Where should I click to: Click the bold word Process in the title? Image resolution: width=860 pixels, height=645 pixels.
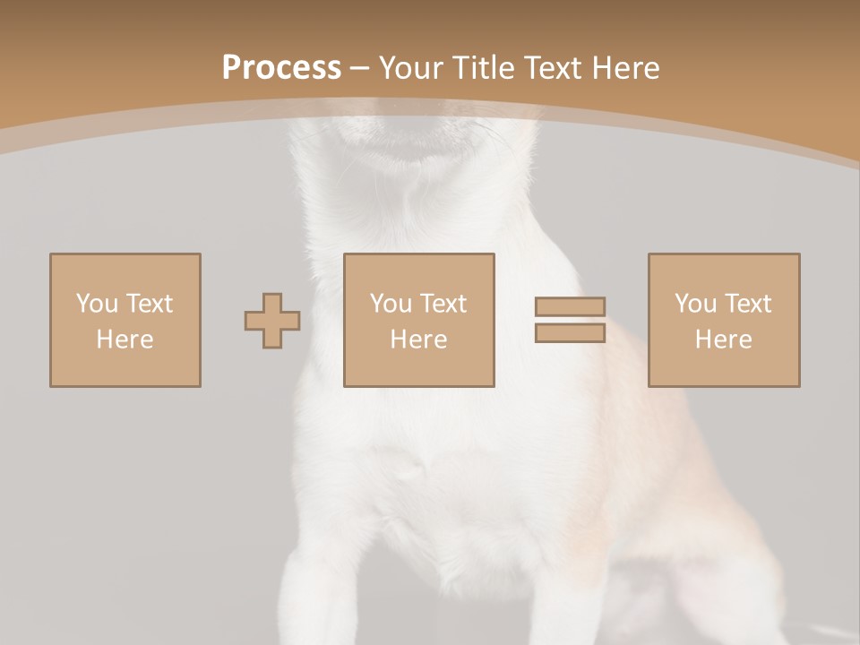click(281, 68)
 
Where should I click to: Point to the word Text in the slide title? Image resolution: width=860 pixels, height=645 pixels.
click(556, 68)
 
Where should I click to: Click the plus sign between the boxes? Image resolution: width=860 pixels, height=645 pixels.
click(272, 321)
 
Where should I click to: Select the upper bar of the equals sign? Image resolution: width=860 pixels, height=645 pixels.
click(570, 307)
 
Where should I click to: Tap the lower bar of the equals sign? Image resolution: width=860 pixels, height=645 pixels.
click(570, 332)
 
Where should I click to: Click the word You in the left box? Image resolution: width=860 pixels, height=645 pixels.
click(97, 304)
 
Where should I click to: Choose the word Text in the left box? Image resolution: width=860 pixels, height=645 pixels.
click(149, 304)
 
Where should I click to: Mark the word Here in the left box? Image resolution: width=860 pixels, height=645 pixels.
click(125, 340)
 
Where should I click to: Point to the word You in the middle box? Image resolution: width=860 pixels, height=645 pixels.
click(391, 304)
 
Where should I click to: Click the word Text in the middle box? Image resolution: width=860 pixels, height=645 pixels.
click(443, 304)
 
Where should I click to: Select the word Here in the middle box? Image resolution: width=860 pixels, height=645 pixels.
click(418, 340)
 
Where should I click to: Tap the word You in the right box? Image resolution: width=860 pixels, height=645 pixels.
click(695, 304)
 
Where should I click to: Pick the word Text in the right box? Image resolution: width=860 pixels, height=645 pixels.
click(747, 304)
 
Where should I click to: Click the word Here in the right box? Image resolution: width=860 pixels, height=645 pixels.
click(723, 340)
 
